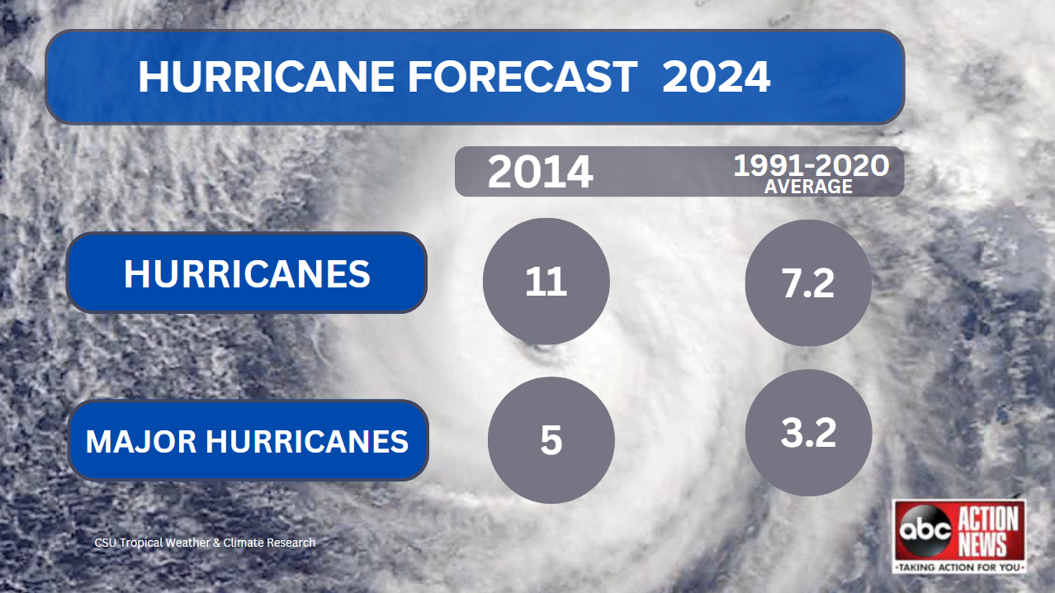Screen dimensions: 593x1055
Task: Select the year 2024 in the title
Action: click(716, 78)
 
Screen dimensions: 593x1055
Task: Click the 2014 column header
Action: click(540, 173)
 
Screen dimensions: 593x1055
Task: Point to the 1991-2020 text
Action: click(811, 166)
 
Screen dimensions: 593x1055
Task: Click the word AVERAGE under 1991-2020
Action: click(808, 187)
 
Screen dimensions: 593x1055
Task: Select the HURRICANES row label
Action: click(247, 274)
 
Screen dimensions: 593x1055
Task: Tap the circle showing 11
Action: click(546, 282)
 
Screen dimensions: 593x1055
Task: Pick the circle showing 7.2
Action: click(808, 283)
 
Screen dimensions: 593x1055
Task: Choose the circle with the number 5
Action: click(551, 440)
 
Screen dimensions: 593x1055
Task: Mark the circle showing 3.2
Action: click(808, 433)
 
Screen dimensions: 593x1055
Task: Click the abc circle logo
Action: click(924, 529)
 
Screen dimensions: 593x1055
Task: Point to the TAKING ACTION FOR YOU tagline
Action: click(960, 567)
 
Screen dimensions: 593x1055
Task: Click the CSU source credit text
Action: click(205, 543)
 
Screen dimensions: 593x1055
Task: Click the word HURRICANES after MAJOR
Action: click(307, 442)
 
